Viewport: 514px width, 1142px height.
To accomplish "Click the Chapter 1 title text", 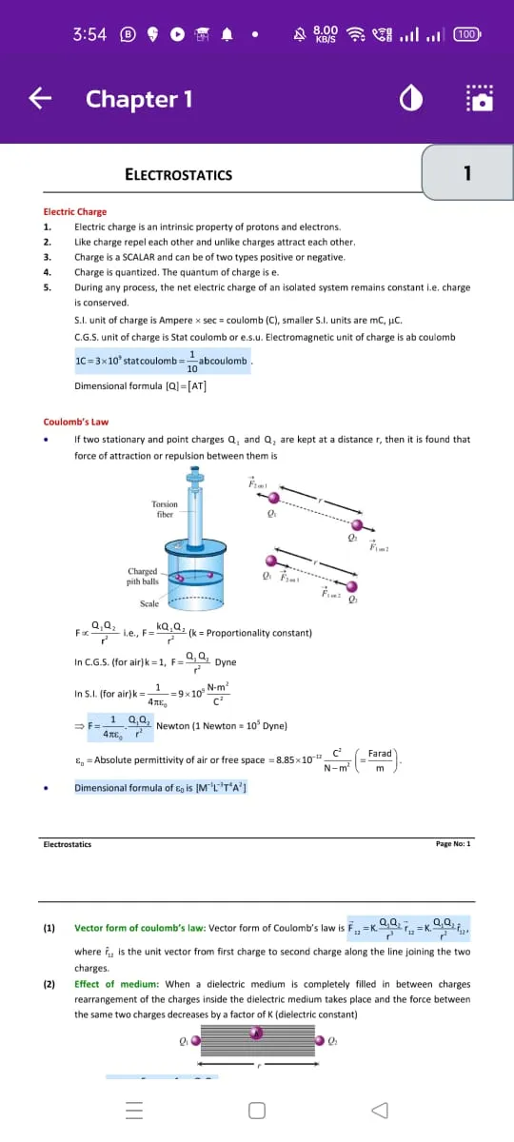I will [x=139, y=99].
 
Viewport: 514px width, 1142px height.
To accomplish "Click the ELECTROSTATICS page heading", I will [x=178, y=174].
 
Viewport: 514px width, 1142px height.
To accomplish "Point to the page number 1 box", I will [x=466, y=173].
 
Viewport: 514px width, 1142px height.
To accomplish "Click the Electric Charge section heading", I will [x=75, y=211].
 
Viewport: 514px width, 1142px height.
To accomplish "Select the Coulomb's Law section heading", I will [x=76, y=422].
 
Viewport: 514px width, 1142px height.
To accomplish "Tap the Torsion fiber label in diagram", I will [x=165, y=509].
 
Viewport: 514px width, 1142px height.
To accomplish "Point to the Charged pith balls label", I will [x=142, y=576].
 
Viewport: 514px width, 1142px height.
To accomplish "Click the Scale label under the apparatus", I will [x=149, y=603].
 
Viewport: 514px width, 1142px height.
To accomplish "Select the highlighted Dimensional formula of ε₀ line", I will [x=161, y=788].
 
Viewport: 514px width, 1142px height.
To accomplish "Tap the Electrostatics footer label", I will [x=68, y=843].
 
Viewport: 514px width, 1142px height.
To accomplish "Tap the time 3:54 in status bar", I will [x=89, y=34].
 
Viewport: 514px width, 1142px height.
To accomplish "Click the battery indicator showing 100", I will [x=466, y=34].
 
